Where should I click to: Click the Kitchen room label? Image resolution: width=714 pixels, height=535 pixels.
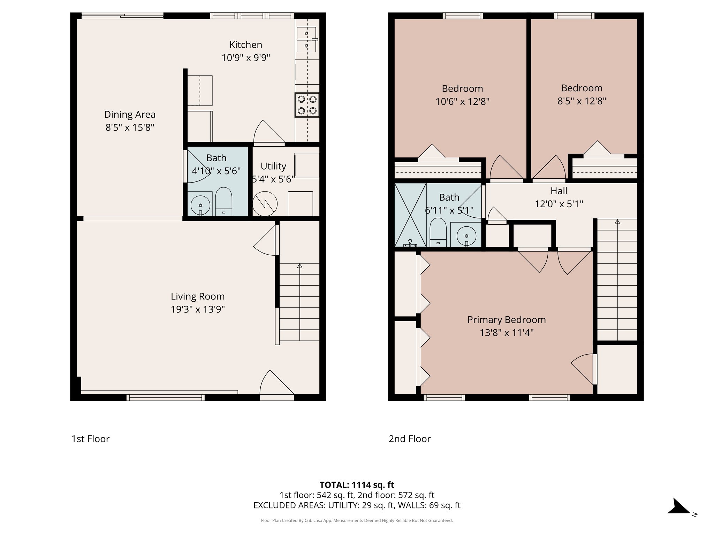point(245,45)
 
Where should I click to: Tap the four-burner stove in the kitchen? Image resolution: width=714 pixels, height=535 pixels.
point(307,105)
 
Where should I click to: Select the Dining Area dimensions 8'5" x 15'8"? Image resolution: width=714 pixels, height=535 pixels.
point(130,127)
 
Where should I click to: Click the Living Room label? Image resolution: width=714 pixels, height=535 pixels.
point(198,296)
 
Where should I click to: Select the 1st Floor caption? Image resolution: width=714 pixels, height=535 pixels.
point(90,439)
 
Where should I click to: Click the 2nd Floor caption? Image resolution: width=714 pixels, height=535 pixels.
point(409,439)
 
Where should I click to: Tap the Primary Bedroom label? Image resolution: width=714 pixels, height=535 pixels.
point(506,320)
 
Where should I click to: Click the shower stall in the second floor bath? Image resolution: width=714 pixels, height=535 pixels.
point(410,215)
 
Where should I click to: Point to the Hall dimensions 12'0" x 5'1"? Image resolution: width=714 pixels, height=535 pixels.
point(559,204)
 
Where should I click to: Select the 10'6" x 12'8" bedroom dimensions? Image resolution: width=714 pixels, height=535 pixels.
point(462,102)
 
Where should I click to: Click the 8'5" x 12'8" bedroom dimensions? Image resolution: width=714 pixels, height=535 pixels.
point(582,101)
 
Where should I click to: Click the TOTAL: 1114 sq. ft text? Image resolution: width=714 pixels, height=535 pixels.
point(357,485)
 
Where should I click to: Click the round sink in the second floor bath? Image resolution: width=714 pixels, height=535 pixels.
point(466,236)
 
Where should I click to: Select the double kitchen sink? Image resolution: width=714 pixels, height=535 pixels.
point(306,39)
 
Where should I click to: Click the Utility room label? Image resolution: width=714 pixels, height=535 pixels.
point(273,166)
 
